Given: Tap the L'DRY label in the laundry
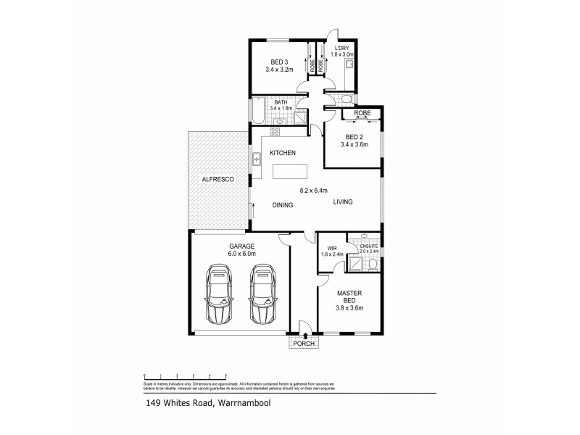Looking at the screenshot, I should pos(340,47).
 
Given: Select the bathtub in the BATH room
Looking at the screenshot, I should pos(259,113).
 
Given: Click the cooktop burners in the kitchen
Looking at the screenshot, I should pos(275,132).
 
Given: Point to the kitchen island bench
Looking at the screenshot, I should pos(289,171).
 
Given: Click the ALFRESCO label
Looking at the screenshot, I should pos(217,178).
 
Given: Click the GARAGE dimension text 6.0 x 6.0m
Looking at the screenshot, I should pos(241,254).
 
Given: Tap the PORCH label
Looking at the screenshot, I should pos(303,344).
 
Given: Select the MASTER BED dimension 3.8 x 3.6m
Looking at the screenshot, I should pos(350,308).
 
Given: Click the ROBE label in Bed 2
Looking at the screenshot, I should pos(362,114).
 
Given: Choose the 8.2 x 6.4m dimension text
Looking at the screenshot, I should pos(314,191).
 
